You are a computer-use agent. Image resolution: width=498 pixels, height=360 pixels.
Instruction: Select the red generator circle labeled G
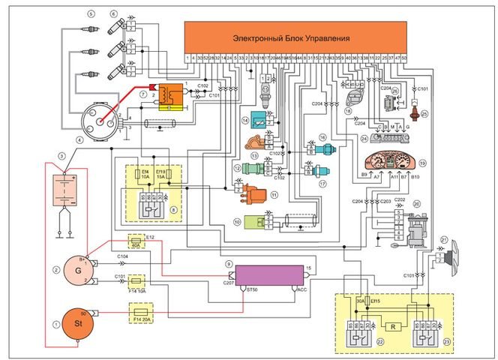[x=75, y=267]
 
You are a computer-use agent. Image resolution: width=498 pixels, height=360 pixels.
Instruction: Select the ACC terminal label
[x=302, y=288]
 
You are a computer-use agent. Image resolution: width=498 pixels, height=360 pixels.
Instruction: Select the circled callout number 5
[x=90, y=14]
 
